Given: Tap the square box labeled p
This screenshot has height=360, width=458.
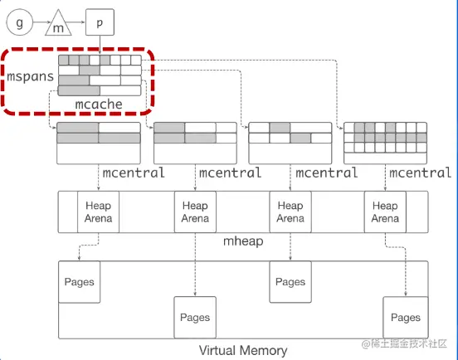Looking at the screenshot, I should tap(100, 22).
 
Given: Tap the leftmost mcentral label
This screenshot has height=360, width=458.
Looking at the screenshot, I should tap(134, 173).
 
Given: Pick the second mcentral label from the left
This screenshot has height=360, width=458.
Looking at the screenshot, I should tap(229, 173).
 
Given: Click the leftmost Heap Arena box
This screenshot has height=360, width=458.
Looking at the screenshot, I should tap(98, 212).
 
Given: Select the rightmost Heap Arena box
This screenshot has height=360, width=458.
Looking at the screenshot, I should tap(385, 212).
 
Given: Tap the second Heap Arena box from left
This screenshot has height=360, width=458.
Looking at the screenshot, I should tap(195, 212).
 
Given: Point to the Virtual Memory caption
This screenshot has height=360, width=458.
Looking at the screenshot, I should tap(243, 350).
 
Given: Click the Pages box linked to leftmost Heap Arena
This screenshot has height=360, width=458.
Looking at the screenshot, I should tap(79, 281).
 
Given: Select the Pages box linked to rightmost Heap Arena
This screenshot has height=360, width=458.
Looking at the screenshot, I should tap(405, 317).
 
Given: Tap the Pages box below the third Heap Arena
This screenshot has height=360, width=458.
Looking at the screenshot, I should tap(290, 281).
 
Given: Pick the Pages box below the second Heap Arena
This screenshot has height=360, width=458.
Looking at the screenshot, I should tap(195, 317).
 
